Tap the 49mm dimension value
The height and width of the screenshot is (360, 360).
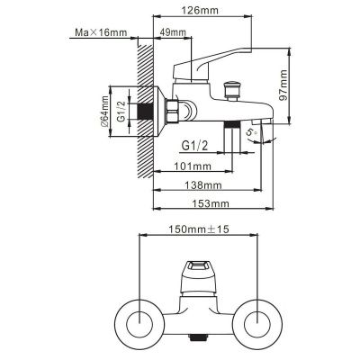click(x=173, y=34)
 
